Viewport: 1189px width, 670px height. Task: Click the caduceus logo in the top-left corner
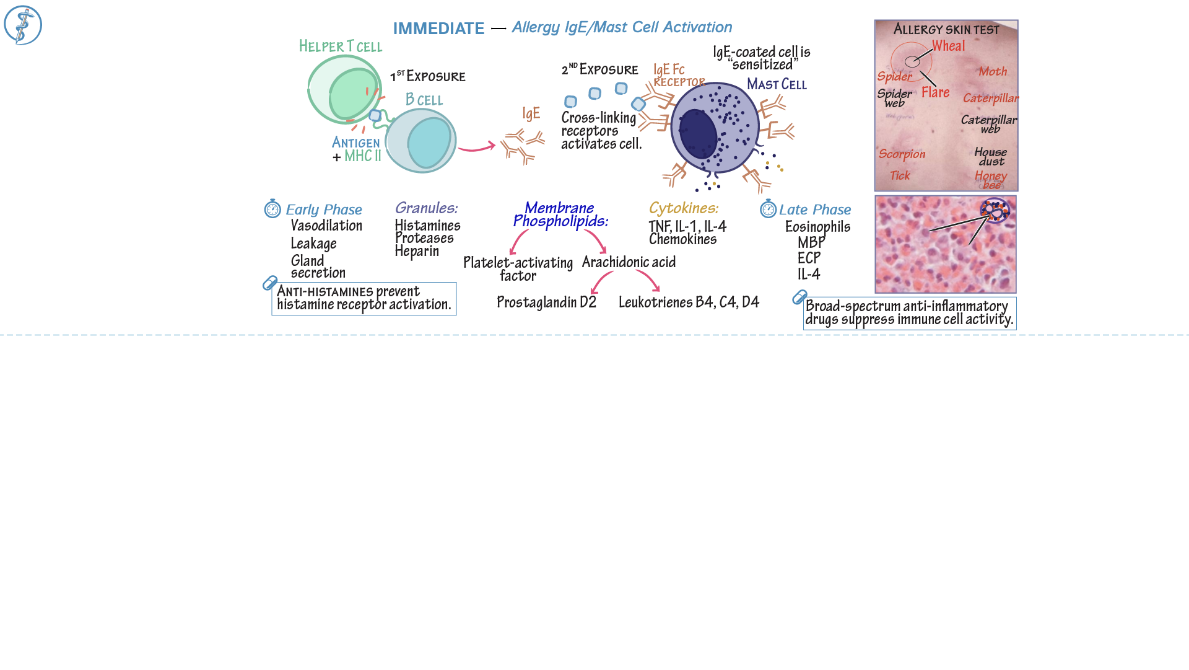23,25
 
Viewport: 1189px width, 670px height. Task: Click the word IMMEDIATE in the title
438,29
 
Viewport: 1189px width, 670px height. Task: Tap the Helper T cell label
341,46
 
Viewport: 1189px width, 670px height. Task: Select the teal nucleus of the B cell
429,143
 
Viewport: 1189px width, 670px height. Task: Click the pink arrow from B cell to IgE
476,148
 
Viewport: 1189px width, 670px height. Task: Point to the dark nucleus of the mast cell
698,134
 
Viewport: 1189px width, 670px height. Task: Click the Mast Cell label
777,84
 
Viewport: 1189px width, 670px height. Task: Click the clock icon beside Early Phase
272,209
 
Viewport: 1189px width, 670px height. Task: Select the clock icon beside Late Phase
768,209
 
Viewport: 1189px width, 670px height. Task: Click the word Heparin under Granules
417,251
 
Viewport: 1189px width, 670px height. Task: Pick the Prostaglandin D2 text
546,302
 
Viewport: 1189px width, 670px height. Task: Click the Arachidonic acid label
629,262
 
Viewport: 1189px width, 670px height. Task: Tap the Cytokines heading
684,208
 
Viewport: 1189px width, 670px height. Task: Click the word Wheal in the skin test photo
948,46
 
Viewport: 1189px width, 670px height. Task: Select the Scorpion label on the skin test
902,154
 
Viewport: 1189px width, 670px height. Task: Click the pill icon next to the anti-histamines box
270,283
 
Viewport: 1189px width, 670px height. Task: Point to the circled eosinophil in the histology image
995,211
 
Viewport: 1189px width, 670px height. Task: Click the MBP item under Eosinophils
811,242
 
